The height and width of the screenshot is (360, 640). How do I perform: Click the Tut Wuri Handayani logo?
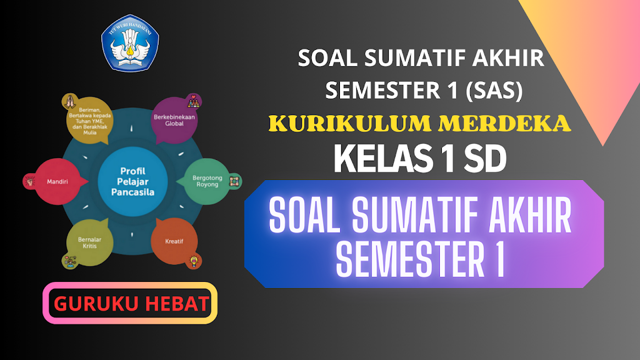(130, 42)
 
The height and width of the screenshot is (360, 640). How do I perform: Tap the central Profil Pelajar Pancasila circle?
(132, 181)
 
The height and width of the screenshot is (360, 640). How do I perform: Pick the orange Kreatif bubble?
(174, 241)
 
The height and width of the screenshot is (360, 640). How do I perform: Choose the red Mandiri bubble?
(57, 182)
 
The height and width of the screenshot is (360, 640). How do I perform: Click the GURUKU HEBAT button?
(130, 303)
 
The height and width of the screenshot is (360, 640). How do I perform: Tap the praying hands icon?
(69, 100)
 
